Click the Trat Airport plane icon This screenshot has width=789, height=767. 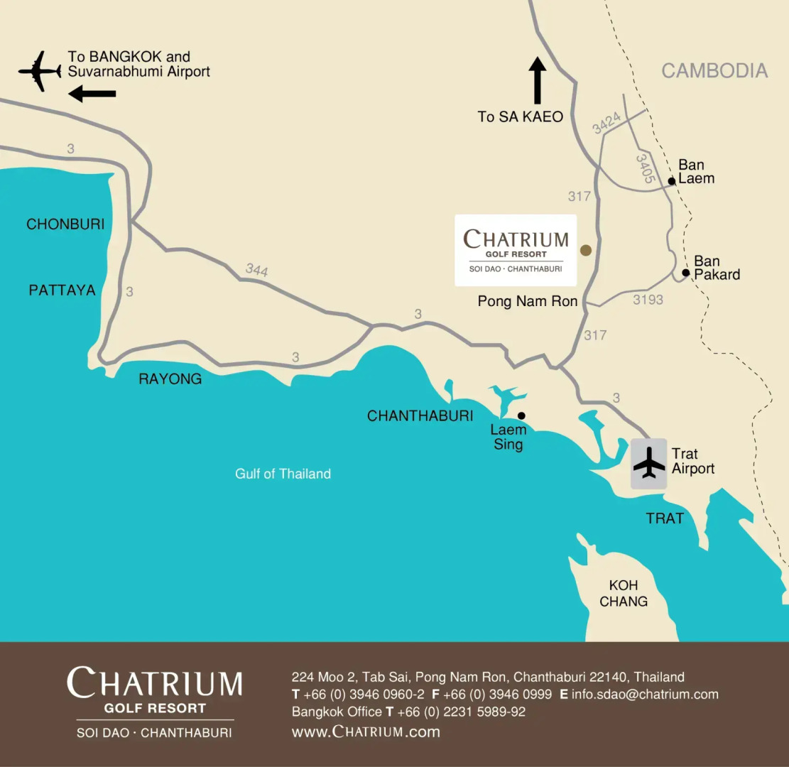coord(649,463)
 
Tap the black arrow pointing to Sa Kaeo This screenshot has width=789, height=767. coord(538,81)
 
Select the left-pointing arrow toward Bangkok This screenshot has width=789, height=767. coord(92,94)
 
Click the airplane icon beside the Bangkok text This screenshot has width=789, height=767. coord(40,71)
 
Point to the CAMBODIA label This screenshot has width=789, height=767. coord(714,70)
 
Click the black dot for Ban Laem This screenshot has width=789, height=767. coord(671,181)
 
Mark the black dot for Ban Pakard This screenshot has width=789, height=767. coord(685,273)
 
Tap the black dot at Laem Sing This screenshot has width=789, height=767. coord(521,415)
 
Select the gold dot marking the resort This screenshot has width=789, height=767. coord(586,250)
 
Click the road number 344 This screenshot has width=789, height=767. coord(257,270)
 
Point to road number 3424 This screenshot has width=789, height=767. coord(607,123)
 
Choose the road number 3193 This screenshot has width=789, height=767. coord(648,300)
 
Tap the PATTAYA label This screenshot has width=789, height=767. coord(62,290)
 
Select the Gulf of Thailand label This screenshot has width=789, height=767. coord(283,474)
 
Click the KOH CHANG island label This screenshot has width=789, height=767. coord(624,593)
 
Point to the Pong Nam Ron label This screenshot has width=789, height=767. coord(528,301)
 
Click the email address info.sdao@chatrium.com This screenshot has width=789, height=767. coord(645,695)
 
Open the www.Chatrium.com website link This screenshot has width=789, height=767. coord(366,731)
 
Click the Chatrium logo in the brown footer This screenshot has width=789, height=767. coord(155,700)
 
